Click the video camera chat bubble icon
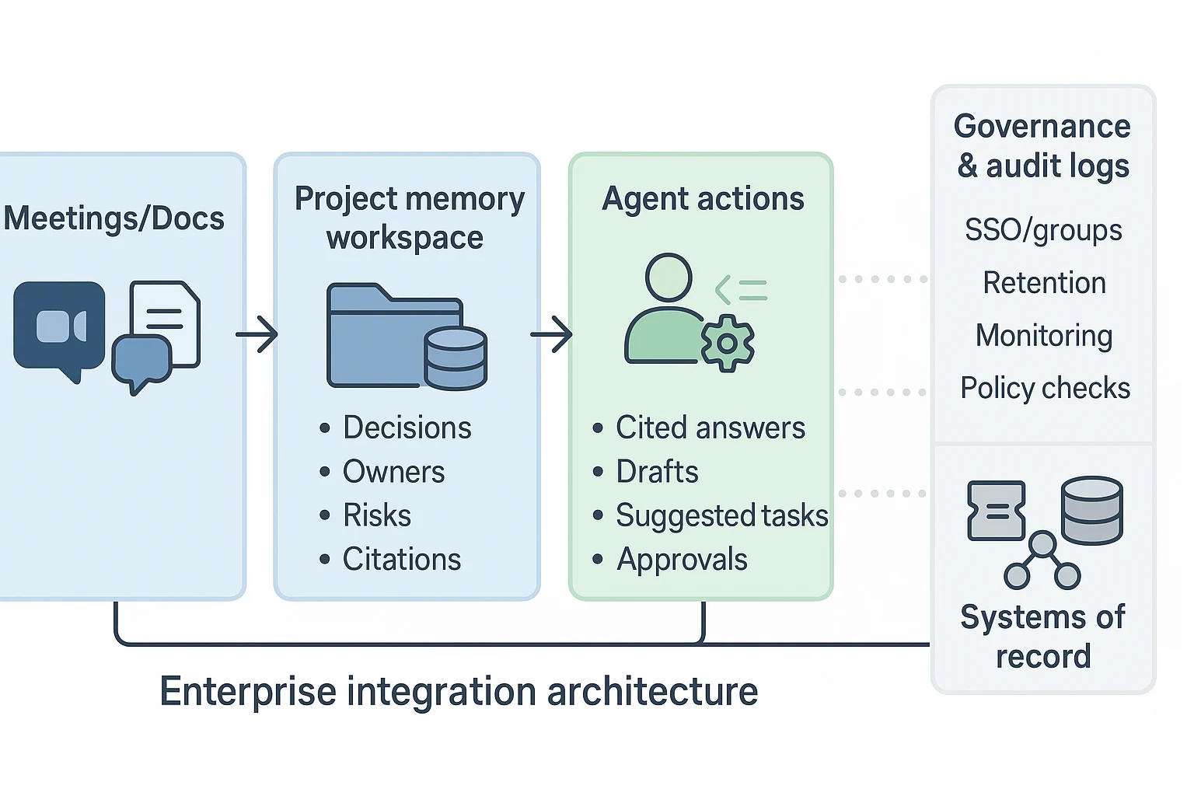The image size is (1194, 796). click(59, 327)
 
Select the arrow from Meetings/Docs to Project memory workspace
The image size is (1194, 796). click(257, 334)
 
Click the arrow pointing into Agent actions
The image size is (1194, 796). click(551, 334)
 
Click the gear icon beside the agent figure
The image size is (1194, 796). click(728, 343)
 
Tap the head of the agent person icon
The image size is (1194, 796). click(669, 278)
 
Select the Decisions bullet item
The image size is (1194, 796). click(407, 428)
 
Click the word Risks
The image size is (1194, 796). click(377, 515)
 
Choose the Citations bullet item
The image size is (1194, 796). click(402, 559)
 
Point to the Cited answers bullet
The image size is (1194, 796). click(710, 428)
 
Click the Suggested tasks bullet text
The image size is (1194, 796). click(721, 515)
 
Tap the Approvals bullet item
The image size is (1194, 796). click(682, 560)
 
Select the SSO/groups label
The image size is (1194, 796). click(1043, 230)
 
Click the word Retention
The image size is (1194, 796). click(1044, 283)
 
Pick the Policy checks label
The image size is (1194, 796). click(1045, 388)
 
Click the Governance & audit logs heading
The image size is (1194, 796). click(1042, 146)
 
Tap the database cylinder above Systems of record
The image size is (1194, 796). click(1091, 510)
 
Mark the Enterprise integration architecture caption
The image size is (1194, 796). click(459, 691)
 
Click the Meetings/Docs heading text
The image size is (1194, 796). click(114, 218)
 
